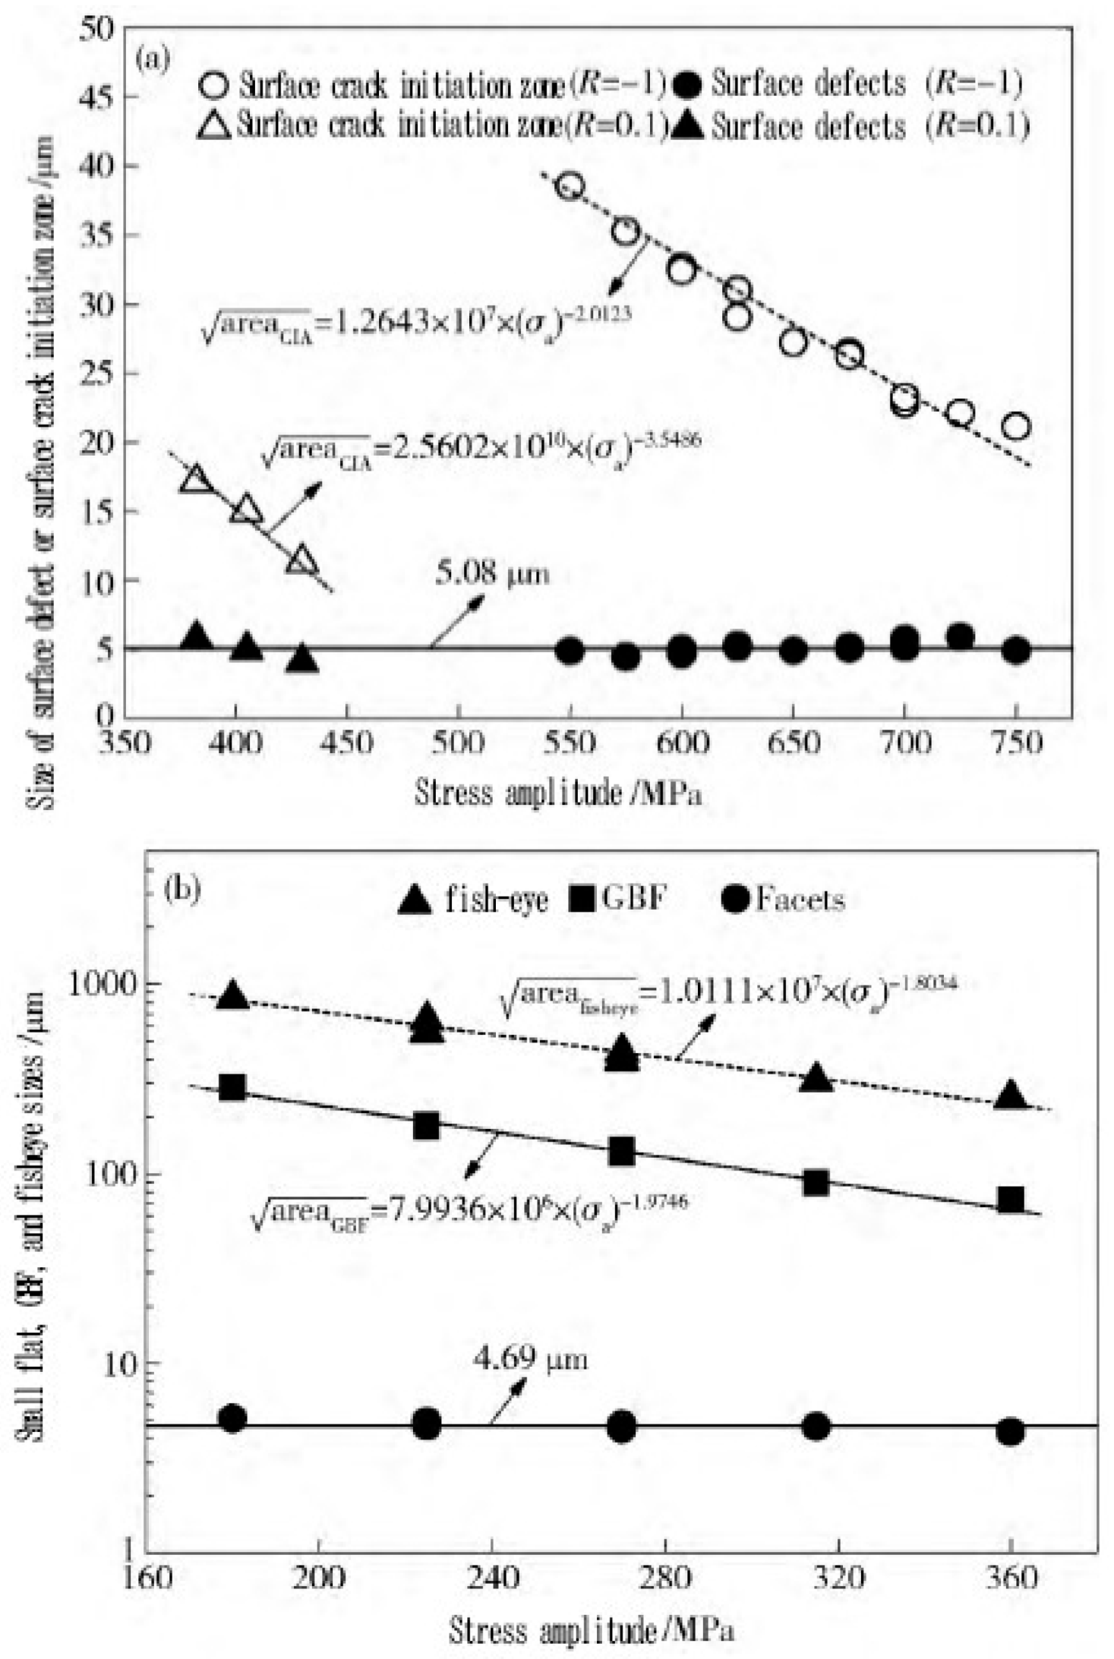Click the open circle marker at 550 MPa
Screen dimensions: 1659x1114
570,186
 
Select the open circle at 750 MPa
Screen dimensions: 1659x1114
1016,427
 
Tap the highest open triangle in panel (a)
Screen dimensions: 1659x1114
196,480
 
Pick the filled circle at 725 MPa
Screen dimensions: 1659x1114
960,637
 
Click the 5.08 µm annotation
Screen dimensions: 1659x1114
492,573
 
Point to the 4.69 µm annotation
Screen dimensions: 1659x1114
530,1358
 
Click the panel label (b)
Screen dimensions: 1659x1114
181,889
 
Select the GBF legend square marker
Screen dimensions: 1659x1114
582,900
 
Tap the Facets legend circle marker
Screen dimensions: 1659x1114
735,900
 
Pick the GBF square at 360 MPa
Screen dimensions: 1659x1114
1011,1200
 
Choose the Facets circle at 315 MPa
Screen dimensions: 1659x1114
816,1427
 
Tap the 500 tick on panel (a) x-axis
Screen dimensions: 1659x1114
458,742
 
